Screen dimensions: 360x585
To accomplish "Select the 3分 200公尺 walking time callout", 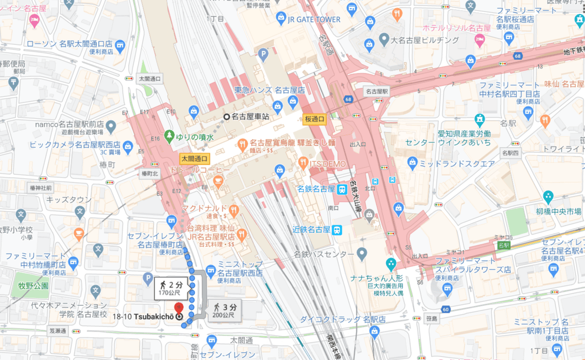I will pos(224,310).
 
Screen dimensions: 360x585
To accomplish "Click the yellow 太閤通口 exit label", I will pos(194,159).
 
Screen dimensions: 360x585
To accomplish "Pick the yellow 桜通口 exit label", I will pos(314,119).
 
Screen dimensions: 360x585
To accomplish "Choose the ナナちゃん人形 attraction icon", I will pos(390,265).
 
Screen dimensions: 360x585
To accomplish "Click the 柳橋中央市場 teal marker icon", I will pos(548,197).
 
